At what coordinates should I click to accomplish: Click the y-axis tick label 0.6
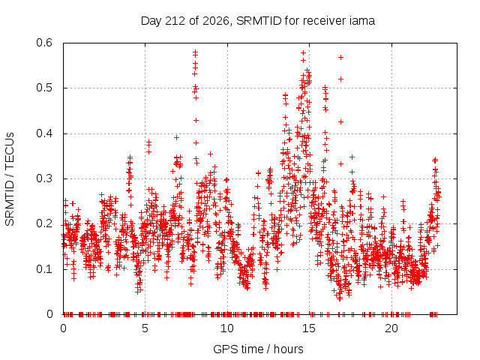tap(44, 43)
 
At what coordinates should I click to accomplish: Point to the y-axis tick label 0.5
tap(44, 88)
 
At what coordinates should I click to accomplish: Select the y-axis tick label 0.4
tap(44, 133)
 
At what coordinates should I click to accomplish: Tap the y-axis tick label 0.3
tap(44, 178)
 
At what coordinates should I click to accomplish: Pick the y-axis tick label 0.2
tap(44, 223)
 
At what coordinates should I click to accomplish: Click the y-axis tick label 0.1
tap(44, 269)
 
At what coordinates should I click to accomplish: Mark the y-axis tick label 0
tap(49, 314)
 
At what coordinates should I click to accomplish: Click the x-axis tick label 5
tap(145, 328)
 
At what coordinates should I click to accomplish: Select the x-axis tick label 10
tap(227, 328)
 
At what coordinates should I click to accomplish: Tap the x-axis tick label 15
tap(309, 328)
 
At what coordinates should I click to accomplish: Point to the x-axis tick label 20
tap(391, 328)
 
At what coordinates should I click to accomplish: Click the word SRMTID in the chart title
tap(259, 21)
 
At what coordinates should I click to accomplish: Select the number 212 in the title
tap(175, 21)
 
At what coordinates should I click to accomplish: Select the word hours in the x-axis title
tap(288, 349)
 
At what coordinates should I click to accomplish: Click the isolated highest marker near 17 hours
tap(340, 57)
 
